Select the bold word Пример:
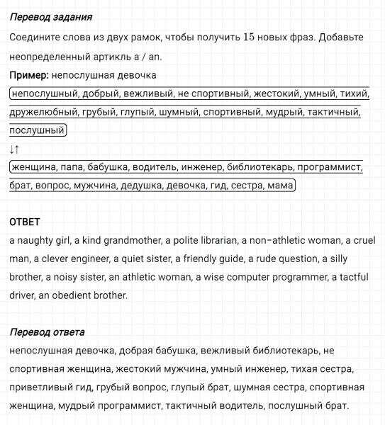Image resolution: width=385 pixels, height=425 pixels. tap(29, 74)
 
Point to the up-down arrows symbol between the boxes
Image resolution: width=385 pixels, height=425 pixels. tap(15, 149)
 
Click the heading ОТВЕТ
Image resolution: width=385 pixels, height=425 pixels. tap(25, 222)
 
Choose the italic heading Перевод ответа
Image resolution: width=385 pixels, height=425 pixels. tap(47, 331)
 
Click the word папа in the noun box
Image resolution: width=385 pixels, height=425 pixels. tap(76, 167)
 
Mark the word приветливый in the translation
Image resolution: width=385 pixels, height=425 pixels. tap(39, 387)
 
